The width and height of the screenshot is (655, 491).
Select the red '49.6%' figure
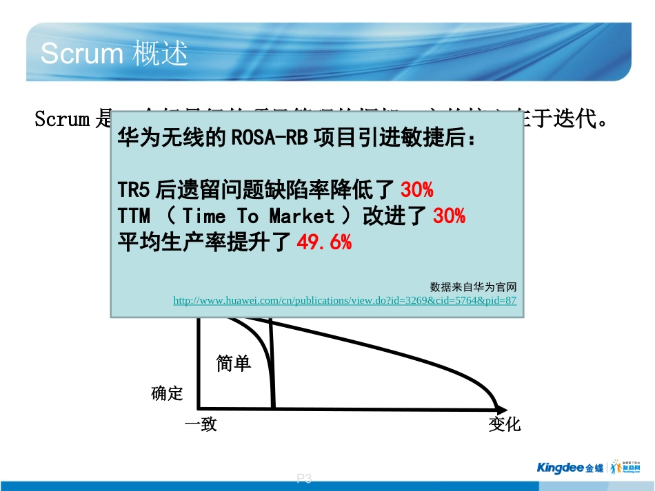pyautogui.click(x=323, y=242)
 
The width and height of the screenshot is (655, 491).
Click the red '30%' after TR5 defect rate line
pyautogui.click(x=416, y=189)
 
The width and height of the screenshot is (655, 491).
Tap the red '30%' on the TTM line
pyautogui.click(x=449, y=216)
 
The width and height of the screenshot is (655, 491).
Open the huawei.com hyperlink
pyautogui.click(x=344, y=301)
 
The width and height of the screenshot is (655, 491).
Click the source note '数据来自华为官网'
pyautogui.click(x=473, y=286)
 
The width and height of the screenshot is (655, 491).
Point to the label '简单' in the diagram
pyautogui.click(x=233, y=364)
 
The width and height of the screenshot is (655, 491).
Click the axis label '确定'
pyautogui.click(x=167, y=393)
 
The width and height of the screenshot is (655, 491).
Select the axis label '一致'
pyautogui.click(x=201, y=424)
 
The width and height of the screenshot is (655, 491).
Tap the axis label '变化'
pyautogui.click(x=505, y=424)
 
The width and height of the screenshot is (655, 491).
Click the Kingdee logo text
pyautogui.click(x=561, y=468)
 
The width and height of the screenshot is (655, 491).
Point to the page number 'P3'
pyautogui.click(x=304, y=479)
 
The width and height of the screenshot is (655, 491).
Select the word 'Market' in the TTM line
pyautogui.click(x=301, y=216)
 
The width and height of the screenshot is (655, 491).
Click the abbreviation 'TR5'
pyautogui.click(x=134, y=189)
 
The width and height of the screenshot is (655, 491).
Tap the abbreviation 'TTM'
pyautogui.click(x=134, y=216)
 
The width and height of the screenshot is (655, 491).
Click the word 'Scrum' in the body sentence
pyautogui.click(x=62, y=120)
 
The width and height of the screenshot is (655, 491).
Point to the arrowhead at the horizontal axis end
pyautogui.click(x=503, y=408)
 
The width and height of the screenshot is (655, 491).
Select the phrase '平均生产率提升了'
pyautogui.click(x=205, y=242)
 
